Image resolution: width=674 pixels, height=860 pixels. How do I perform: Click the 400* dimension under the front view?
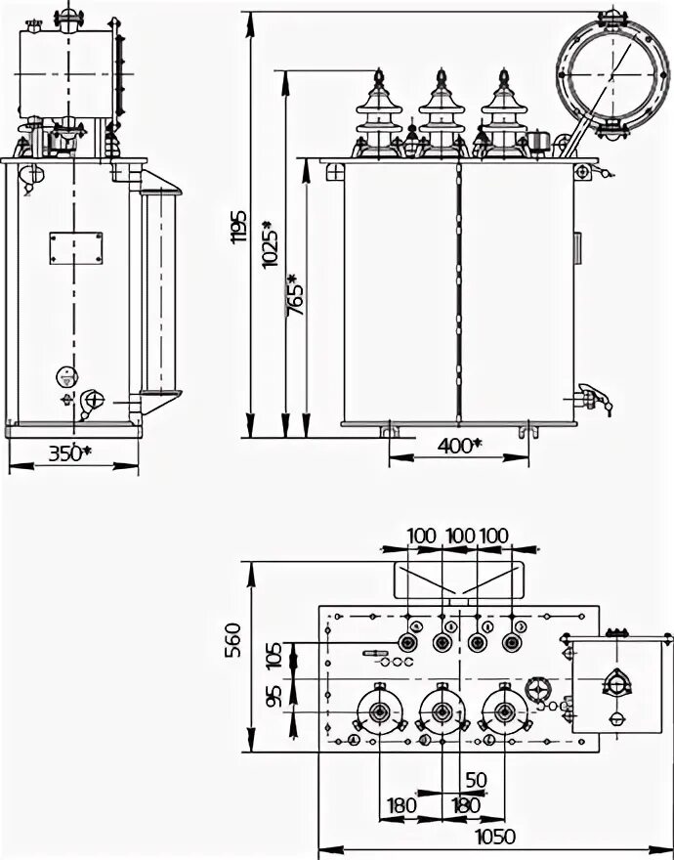pos(459,446)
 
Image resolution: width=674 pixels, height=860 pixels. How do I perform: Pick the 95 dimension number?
pos(274,696)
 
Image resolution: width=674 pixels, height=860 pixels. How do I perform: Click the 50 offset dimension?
pos(477,779)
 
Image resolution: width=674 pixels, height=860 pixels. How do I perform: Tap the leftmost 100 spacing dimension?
pos(421,535)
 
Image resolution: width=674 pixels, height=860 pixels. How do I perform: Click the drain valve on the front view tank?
pos(591,396)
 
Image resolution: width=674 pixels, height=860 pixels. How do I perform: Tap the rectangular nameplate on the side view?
pos(75,246)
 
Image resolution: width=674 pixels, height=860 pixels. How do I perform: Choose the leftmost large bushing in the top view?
pos(377,713)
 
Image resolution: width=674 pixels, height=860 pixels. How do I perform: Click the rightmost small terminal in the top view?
pos(511,642)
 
